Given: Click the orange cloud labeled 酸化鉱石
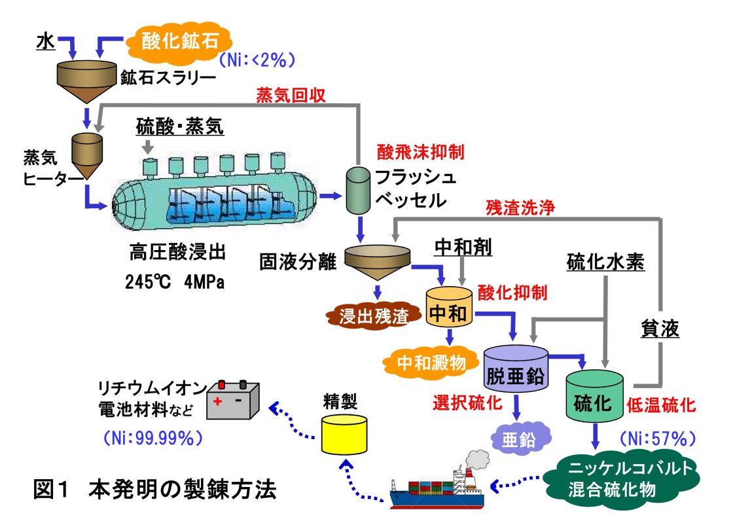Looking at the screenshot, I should pos(176,40).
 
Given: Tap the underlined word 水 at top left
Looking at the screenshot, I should pos(44,41).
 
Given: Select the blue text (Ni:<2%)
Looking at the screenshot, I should pos(257,60).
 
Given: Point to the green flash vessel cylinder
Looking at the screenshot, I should pos(358,190).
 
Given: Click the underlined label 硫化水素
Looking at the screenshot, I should pos(605,263).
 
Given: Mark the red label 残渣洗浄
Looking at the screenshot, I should pos(520,208).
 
